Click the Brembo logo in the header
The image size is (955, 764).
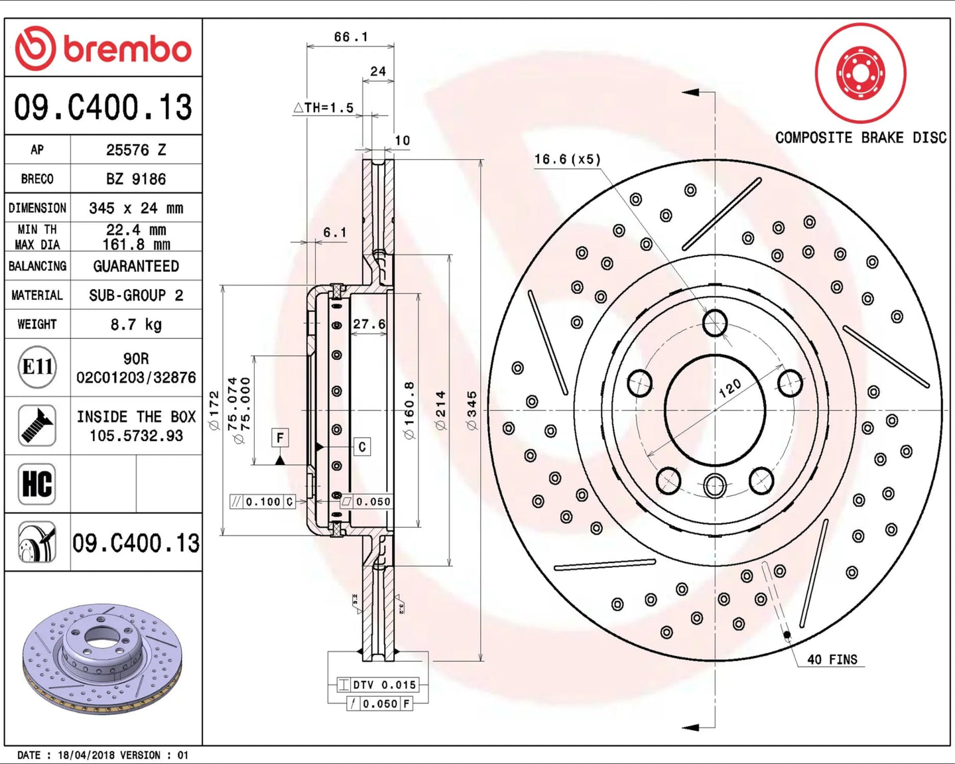pos(103,48)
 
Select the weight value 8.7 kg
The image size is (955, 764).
pos(136,324)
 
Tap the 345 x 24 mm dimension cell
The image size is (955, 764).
pos(136,208)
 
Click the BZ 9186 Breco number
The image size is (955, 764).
pos(136,179)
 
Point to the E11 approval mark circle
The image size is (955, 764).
pos(38,367)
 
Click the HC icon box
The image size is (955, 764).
pos(37,483)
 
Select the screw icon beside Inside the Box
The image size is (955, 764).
pos(37,425)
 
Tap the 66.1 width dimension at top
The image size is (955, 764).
pos(351,37)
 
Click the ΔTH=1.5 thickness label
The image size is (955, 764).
pos(324,107)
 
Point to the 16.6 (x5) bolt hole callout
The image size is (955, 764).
pos(568,159)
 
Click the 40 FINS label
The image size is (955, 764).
pos(832,659)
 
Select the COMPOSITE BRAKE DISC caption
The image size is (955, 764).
pos(861,138)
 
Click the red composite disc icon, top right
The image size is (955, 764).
pos(861,72)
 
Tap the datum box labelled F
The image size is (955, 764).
pos(280,438)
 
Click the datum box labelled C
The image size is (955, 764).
pos(362,447)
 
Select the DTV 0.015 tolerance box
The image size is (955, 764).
pos(378,684)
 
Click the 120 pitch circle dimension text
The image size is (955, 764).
pos(730,388)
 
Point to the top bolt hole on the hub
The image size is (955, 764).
pos(715,324)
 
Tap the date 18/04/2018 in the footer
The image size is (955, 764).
pos(86,755)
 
